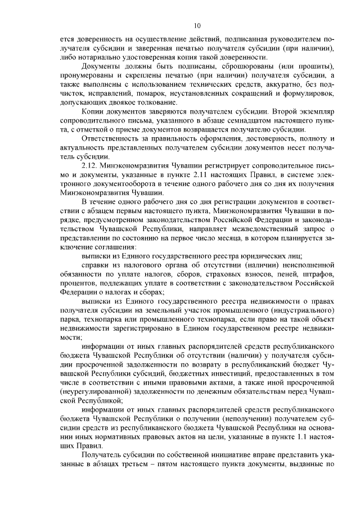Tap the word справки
click(95, 264)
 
